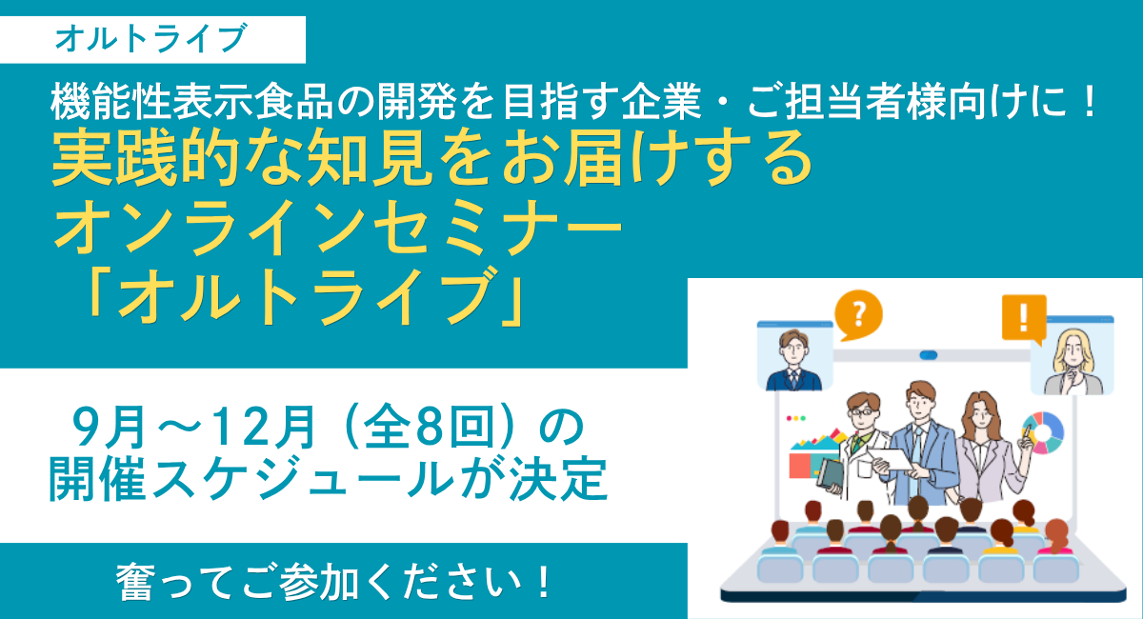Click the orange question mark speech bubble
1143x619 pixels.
click(x=859, y=314)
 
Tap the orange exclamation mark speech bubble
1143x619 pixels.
click(x=1024, y=318)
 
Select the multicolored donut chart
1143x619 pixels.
click(x=1043, y=432)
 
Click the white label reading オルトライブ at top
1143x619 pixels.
click(x=152, y=40)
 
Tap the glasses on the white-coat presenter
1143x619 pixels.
click(x=861, y=411)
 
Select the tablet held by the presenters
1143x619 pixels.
click(x=891, y=459)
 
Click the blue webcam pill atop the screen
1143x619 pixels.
click(x=928, y=355)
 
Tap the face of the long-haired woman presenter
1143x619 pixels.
click(x=980, y=417)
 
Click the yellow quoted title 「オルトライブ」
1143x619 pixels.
click(x=305, y=297)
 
